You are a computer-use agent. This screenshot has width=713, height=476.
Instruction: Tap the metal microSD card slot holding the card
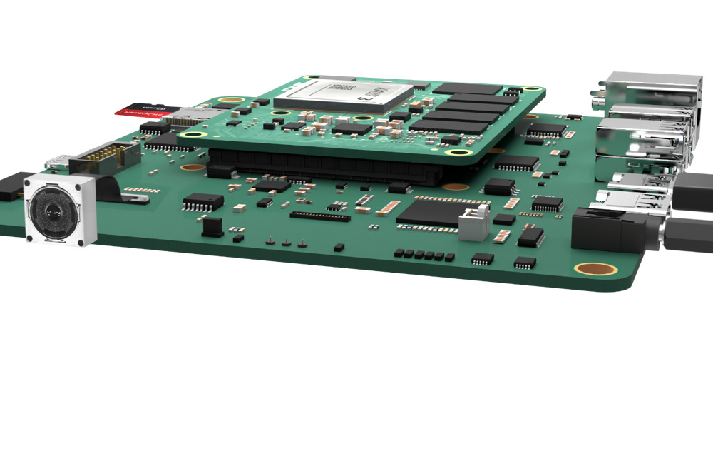[x=193, y=114]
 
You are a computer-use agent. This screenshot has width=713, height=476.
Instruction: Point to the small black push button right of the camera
[x=212, y=226]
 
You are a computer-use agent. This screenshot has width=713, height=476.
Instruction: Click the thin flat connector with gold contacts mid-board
[x=320, y=216]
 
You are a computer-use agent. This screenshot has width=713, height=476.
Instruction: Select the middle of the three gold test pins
[x=286, y=241]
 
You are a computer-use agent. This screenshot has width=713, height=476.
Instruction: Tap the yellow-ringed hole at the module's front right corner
[x=452, y=151]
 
